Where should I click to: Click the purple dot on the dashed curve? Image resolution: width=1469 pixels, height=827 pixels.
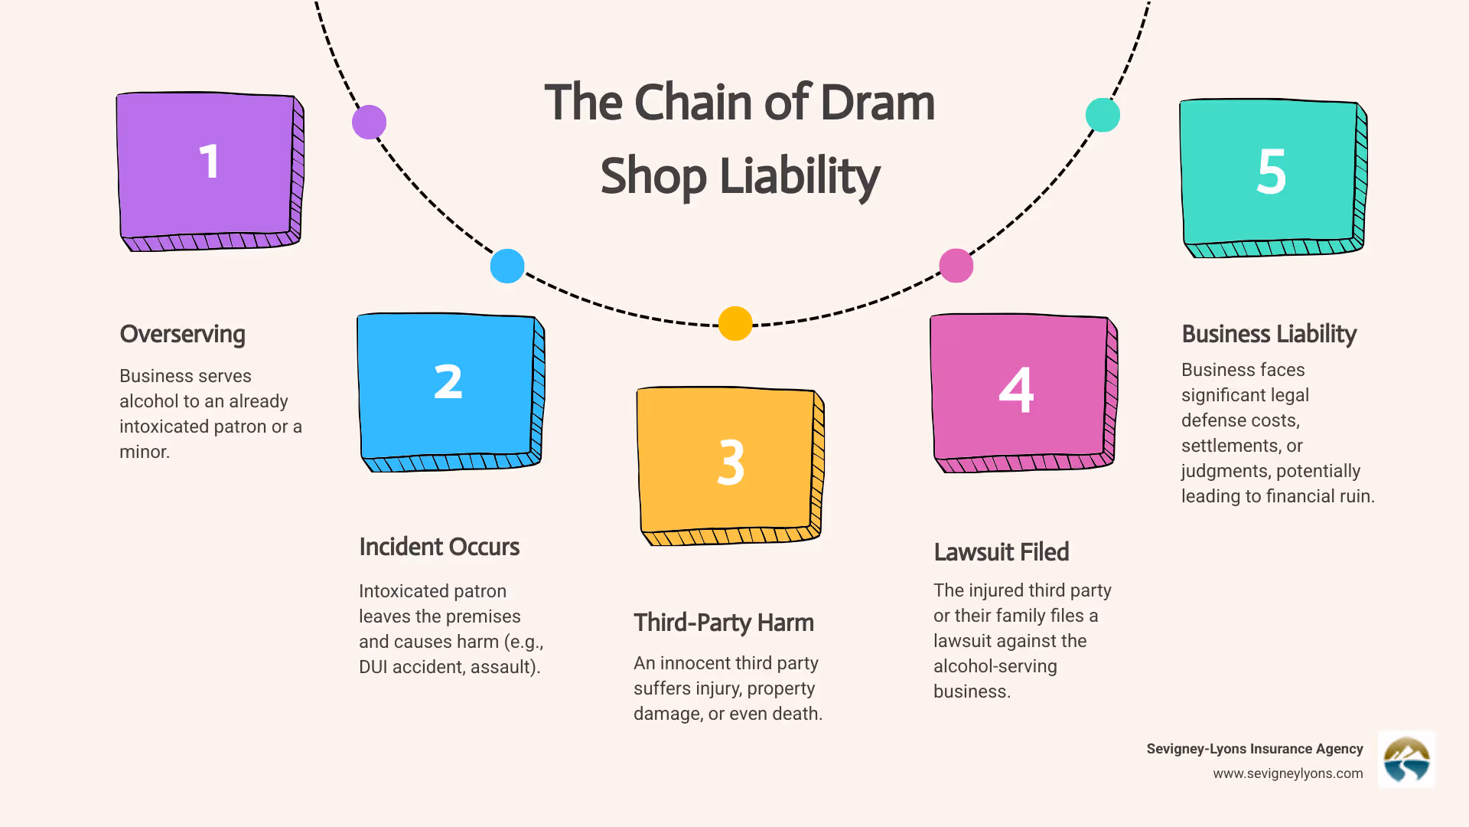[369, 123]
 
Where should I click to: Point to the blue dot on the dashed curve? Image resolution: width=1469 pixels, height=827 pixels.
[507, 266]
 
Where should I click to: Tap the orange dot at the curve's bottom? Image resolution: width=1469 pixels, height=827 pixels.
[735, 323]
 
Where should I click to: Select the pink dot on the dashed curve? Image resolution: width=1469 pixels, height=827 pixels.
[956, 266]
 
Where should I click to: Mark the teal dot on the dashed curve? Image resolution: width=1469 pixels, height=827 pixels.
[1103, 115]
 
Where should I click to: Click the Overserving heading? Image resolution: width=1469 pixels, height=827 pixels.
[182, 335]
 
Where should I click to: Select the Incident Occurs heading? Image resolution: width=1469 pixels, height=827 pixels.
[439, 548]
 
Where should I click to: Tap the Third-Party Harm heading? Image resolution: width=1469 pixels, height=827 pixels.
[723, 623]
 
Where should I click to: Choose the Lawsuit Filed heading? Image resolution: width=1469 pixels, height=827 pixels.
[1001, 552]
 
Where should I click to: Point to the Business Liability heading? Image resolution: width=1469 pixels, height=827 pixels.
[1269, 335]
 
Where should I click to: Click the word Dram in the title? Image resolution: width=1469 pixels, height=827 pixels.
[878, 103]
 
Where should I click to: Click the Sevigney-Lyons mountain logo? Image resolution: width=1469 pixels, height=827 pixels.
[1406, 760]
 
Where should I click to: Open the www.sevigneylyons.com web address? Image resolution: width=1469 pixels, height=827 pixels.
[1288, 773]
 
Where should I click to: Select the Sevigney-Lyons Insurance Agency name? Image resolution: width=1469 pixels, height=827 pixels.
[1255, 749]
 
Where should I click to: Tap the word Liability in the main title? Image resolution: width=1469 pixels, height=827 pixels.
[800, 176]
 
